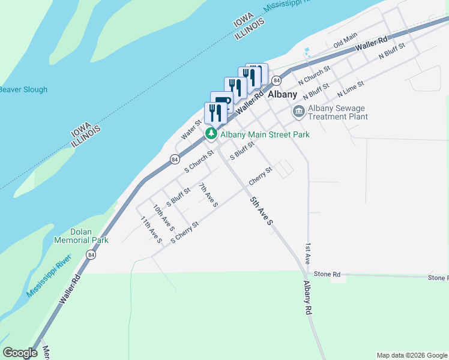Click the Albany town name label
point(282,95)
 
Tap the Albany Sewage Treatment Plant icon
point(298,112)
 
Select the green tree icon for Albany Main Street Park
point(211,134)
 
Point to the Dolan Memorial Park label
point(89,236)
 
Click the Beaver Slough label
point(23,90)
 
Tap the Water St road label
point(191,127)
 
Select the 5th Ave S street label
point(262,210)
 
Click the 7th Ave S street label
point(208,195)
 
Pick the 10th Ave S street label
point(163,218)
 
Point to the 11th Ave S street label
point(151,230)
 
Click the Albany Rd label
point(309,298)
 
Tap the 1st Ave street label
point(307,254)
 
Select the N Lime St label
point(351,89)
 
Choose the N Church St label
point(315,75)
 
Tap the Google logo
point(20,353)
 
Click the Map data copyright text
point(411,355)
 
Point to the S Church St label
point(199,161)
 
